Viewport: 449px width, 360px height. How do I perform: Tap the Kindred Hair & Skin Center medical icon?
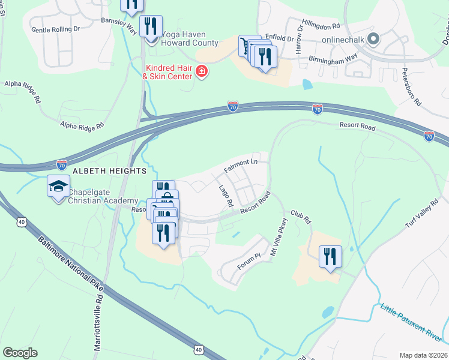[202, 73]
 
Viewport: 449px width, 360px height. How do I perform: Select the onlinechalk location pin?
[373, 40]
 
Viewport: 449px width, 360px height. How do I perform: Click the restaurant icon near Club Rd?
[330, 257]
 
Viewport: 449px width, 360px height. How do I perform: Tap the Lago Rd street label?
[226, 196]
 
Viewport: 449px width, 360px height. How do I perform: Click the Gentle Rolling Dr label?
[55, 29]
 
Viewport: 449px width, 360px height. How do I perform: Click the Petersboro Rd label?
[414, 89]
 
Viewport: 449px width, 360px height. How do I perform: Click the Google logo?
[20, 353]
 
